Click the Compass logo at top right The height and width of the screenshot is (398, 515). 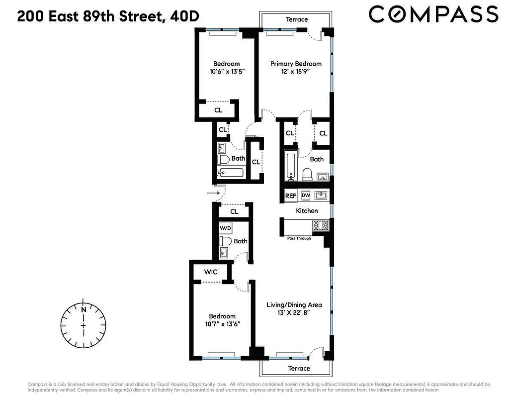point(433,14)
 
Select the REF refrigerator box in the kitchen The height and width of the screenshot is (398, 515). point(290,196)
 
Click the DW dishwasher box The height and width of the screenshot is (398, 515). point(305,196)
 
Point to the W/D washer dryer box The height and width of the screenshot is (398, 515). point(226,228)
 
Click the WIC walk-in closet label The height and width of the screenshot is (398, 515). point(210,272)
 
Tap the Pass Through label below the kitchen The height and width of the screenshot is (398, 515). point(299,238)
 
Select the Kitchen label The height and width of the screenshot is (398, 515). point(307,211)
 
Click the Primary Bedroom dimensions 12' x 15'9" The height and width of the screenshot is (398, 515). point(296,72)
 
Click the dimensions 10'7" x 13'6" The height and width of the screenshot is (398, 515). point(222,324)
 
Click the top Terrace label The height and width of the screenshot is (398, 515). point(296,19)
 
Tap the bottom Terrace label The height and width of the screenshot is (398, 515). point(298,369)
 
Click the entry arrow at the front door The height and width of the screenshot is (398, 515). point(213,192)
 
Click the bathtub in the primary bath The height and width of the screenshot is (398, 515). point(290,167)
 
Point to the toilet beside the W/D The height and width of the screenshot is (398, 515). point(225,241)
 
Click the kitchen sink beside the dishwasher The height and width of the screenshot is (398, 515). point(321,195)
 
